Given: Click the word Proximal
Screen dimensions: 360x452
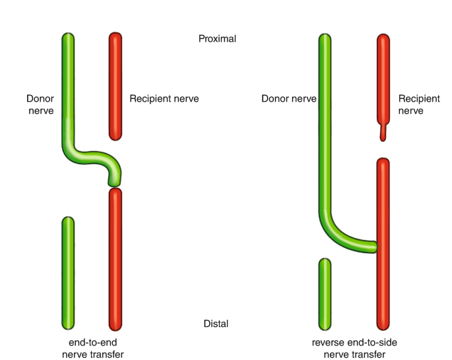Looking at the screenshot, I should click(x=217, y=39).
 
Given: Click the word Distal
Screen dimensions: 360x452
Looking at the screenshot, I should click(x=216, y=324).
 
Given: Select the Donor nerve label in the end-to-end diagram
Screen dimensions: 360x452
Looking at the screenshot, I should click(x=40, y=105).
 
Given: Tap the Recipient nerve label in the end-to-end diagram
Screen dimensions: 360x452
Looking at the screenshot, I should click(x=164, y=99).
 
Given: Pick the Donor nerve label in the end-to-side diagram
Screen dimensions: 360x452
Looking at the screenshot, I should click(x=288, y=99).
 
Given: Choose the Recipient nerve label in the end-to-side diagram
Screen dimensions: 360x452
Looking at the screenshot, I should click(x=419, y=105).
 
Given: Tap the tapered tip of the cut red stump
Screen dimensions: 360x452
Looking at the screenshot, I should click(x=383, y=136).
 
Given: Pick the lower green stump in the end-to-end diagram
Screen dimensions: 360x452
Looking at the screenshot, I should click(x=68, y=272).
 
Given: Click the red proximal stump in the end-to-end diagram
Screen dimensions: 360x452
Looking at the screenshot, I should click(x=115, y=86).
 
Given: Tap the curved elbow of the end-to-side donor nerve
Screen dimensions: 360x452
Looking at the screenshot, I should click(x=333, y=234).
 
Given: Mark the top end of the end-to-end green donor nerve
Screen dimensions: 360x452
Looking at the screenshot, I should click(x=68, y=36).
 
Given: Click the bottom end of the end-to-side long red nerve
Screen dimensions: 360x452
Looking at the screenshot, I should click(x=383, y=326).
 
